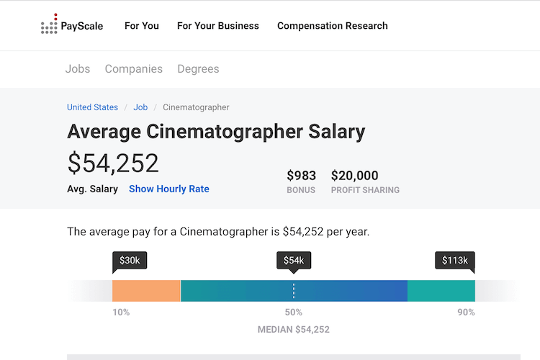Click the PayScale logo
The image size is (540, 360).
click(x=72, y=26)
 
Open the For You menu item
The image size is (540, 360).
click(x=142, y=26)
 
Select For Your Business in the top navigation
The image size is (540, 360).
click(x=218, y=26)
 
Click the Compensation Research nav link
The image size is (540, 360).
click(x=333, y=26)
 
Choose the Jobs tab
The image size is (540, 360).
click(x=78, y=69)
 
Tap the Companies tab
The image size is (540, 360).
click(x=134, y=69)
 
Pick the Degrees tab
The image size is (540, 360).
click(x=198, y=69)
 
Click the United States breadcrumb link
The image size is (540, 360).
click(x=92, y=107)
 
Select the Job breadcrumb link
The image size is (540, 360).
click(x=140, y=107)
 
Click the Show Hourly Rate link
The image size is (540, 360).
click(x=169, y=189)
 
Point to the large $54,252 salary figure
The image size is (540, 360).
click(x=113, y=163)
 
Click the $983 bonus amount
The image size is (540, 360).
click(x=301, y=176)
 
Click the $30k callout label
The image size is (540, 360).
click(x=130, y=260)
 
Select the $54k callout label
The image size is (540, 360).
click(x=294, y=260)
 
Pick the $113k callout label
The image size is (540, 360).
click(x=455, y=260)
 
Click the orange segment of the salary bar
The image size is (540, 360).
click(x=146, y=291)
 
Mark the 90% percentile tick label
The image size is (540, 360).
click(x=466, y=312)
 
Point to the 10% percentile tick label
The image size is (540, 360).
click(x=122, y=312)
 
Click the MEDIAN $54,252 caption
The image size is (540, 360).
click(x=294, y=330)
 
